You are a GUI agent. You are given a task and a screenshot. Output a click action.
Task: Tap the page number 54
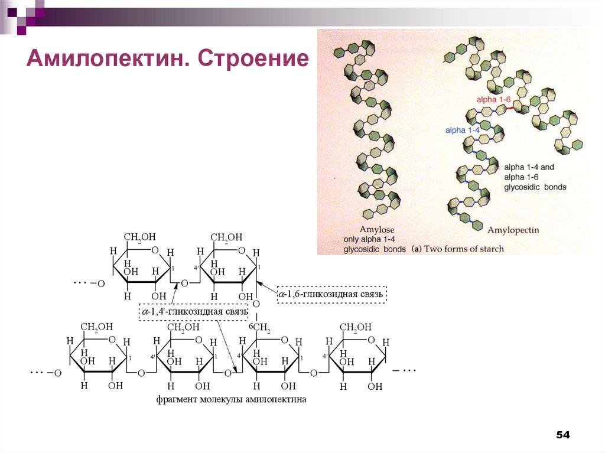pyautogui.click(x=562, y=435)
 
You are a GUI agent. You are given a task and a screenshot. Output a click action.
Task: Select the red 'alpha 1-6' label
pyautogui.click(x=495, y=100)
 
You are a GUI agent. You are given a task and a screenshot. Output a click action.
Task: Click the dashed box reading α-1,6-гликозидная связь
pyautogui.click(x=332, y=294)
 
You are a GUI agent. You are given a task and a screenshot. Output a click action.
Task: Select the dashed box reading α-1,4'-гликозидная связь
pyautogui.click(x=194, y=311)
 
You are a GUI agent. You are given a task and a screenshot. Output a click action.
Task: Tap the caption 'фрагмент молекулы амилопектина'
pyautogui.click(x=232, y=399)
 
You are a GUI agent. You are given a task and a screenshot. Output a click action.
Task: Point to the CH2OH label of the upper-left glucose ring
pyautogui.click(x=141, y=237)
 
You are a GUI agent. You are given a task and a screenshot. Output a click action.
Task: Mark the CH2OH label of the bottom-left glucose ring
pyautogui.click(x=96, y=327)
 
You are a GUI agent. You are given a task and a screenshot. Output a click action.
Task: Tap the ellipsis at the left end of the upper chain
pyautogui.click(x=80, y=282)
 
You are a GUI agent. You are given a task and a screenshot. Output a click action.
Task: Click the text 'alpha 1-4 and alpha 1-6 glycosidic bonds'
pyautogui.click(x=535, y=177)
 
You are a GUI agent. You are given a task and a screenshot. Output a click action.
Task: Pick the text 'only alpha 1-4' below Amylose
pyautogui.click(x=370, y=240)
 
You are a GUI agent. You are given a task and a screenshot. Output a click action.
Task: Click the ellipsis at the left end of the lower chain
pyautogui.click(x=37, y=373)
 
